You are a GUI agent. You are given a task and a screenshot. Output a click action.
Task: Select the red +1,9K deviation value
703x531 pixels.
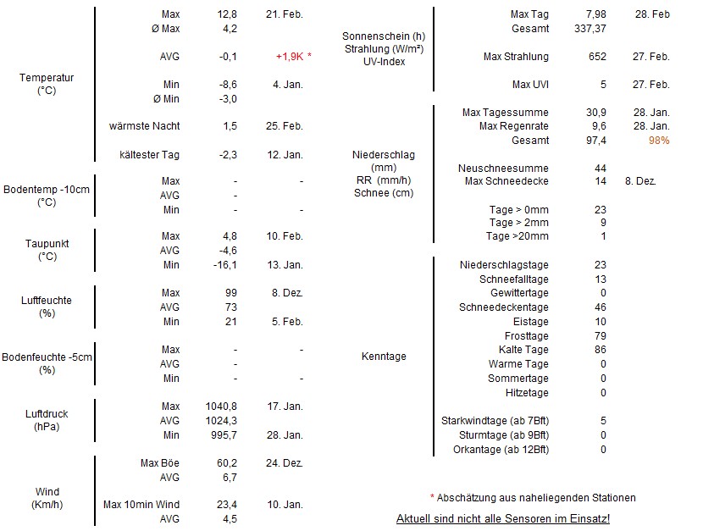coord(290,56)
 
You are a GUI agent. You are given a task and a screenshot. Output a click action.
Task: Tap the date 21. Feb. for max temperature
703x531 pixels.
coord(284,14)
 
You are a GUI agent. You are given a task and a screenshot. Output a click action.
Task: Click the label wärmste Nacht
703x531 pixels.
coord(145,126)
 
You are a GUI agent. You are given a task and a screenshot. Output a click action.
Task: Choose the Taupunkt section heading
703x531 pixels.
coord(47,244)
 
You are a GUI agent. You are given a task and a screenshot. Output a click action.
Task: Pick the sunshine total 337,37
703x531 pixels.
coord(590,29)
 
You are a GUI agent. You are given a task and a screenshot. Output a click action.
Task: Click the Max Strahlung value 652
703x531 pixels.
coord(596,57)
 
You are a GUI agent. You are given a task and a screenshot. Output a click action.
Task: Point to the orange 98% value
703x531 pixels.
coord(658,141)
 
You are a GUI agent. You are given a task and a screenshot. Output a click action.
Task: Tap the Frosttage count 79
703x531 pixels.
coord(601,336)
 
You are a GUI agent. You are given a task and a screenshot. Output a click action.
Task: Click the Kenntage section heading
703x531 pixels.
coord(384,357)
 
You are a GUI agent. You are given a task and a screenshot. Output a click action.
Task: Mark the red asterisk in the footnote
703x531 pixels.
coord(432,497)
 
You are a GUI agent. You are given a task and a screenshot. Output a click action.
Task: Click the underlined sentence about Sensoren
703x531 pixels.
coord(502,517)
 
